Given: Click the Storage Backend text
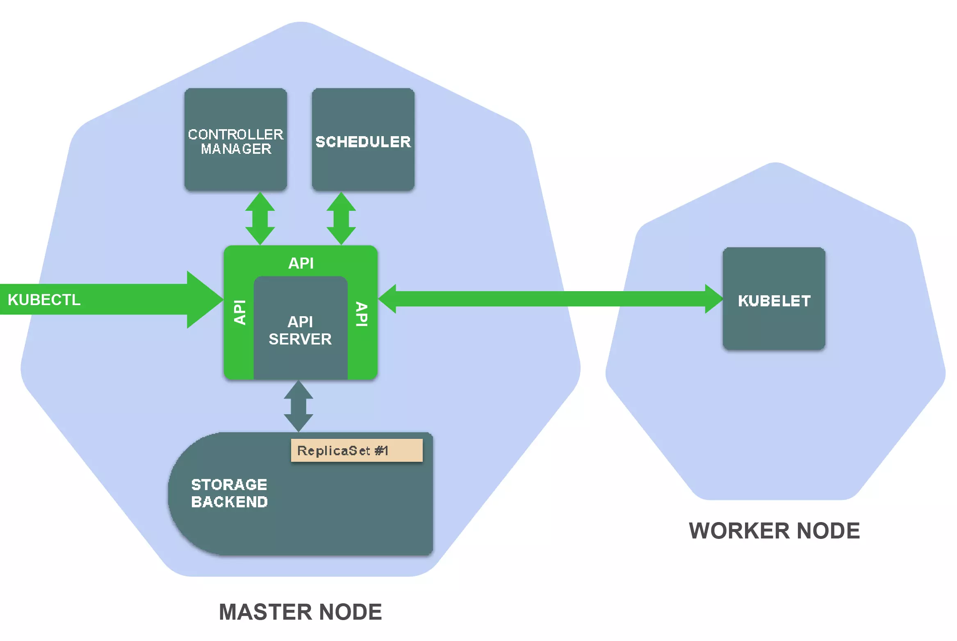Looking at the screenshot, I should [229, 493].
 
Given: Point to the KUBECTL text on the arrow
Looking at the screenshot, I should [44, 300].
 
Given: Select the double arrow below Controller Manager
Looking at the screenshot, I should [260, 218].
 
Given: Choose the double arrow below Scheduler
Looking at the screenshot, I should [341, 218].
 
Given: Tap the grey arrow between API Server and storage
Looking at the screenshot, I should [298, 406].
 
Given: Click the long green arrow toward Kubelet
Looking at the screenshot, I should [549, 299].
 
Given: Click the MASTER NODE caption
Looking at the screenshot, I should [300, 612].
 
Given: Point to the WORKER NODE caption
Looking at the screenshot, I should [774, 531].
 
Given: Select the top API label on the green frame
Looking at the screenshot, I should [301, 263].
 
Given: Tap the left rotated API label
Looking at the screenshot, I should [239, 313].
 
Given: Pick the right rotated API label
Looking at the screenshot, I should [362, 314].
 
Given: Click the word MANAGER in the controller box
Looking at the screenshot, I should [236, 149].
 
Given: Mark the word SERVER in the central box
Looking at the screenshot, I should [300, 339].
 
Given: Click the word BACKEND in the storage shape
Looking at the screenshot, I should [229, 502].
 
